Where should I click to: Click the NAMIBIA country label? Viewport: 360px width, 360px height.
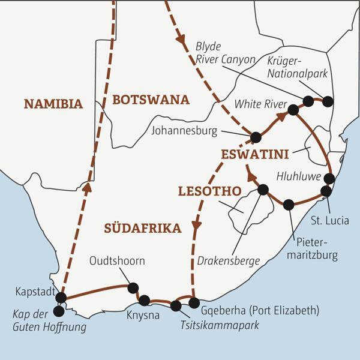pos(53,104)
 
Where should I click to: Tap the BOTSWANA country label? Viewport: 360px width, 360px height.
pos(151,99)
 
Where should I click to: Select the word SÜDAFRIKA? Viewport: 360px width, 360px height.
pos(142,228)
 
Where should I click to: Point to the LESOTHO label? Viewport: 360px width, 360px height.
pos(209,191)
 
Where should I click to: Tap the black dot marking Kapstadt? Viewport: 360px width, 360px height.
pos(61,298)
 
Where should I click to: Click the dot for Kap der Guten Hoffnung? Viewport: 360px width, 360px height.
pos(58,311)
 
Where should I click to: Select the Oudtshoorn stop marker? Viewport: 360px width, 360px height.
pos(133,287)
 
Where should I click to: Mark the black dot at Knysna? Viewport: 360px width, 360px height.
pos(145,300)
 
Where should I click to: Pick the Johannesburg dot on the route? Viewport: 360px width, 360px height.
pos(256,137)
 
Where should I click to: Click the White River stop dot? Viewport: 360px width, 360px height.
pos(293,110)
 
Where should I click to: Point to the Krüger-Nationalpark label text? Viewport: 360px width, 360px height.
pos(292,70)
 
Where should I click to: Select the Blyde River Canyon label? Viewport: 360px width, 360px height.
pos(226,52)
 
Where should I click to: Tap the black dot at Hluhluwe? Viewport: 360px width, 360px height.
pos(329,178)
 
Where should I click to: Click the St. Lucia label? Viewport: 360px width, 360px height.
pos(329,220)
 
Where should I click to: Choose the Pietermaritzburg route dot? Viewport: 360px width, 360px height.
pos(289,205)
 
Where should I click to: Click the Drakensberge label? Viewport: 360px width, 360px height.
pos(229,260)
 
